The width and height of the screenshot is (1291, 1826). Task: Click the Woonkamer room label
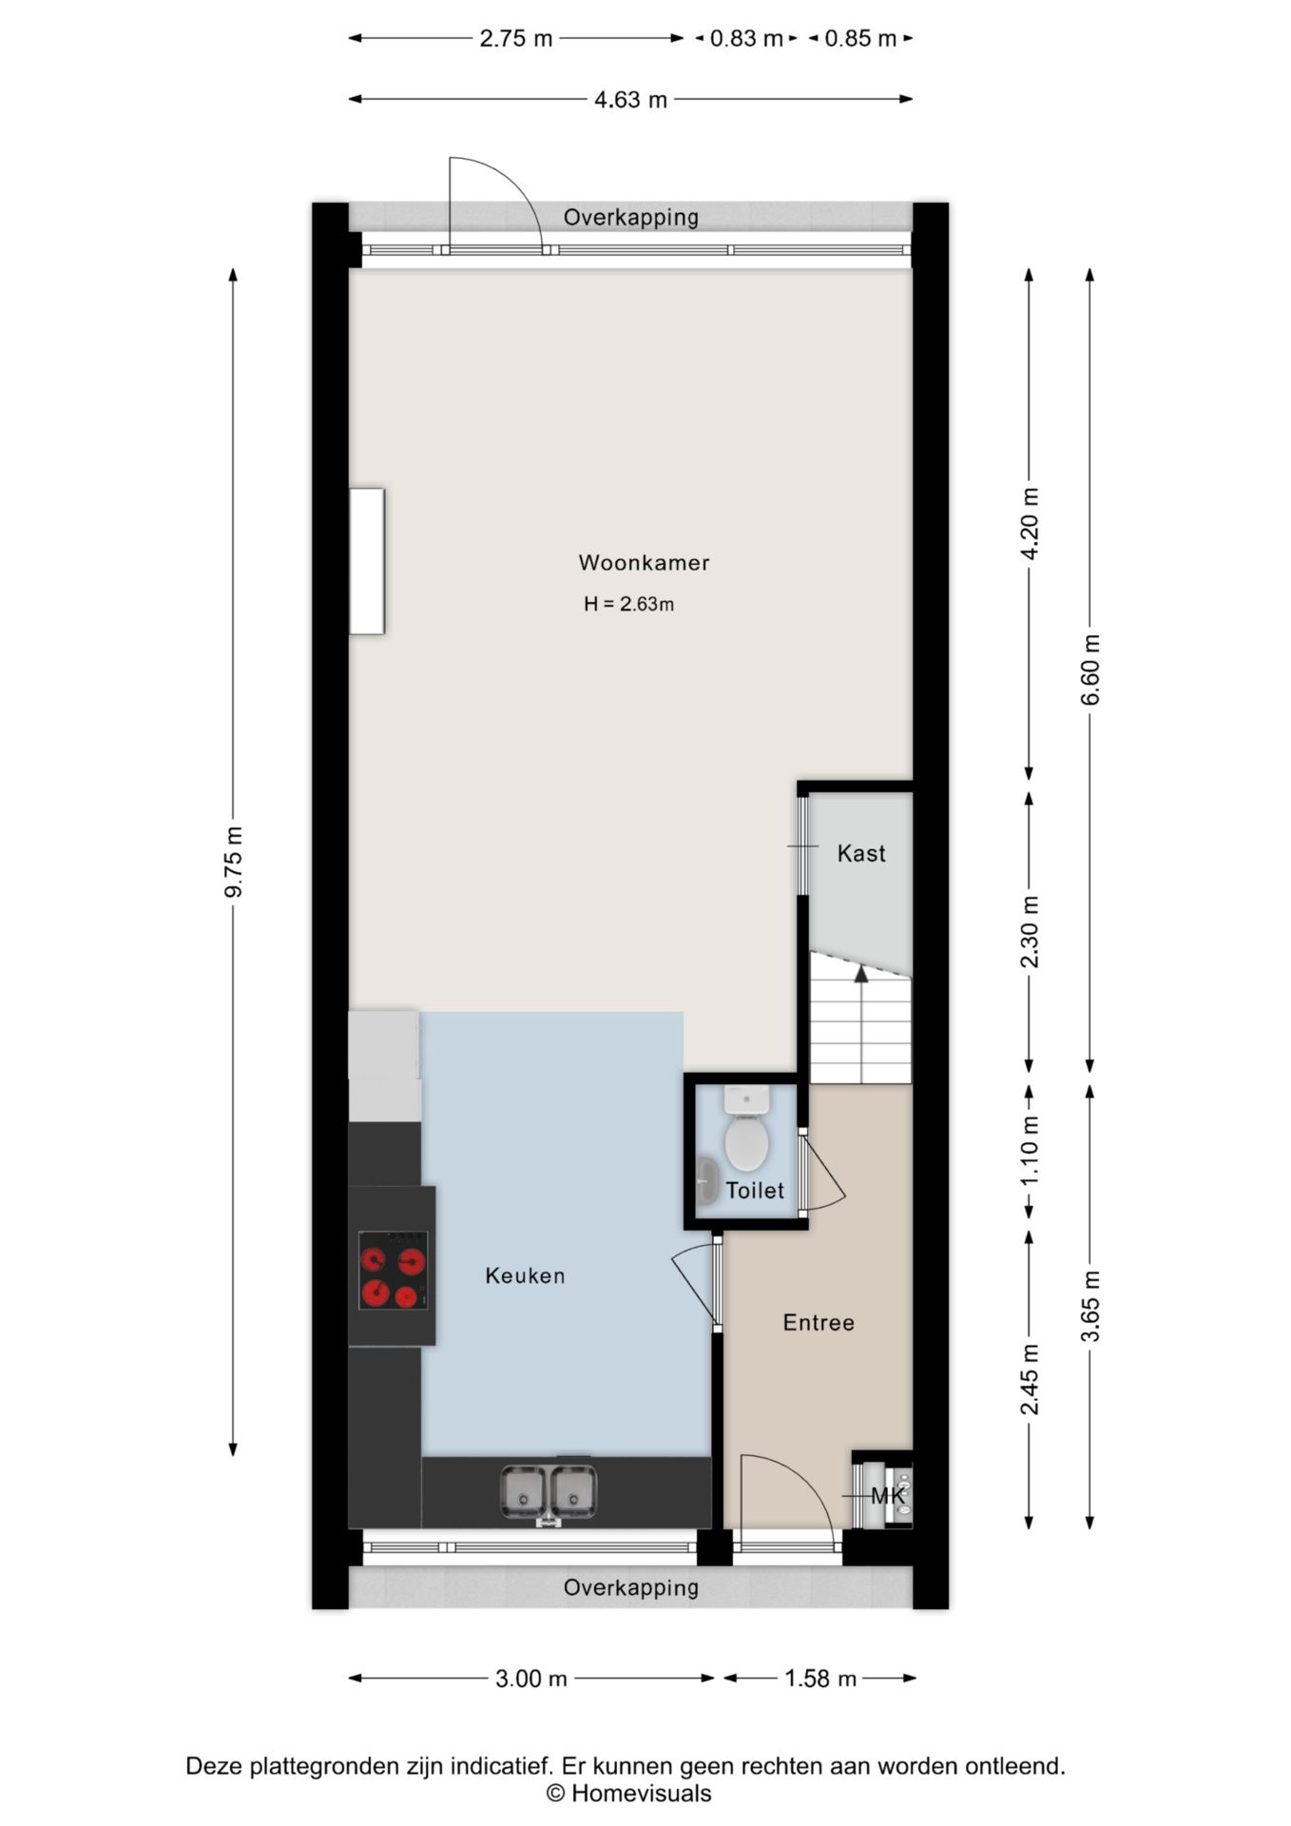[644, 562]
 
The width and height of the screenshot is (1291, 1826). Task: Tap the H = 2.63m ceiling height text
[628, 604]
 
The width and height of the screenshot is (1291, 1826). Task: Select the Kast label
[861, 853]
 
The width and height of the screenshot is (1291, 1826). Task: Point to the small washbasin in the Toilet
[707, 1181]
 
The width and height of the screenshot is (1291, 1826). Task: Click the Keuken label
[525, 1275]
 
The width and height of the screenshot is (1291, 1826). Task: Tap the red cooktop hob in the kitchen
[393, 1270]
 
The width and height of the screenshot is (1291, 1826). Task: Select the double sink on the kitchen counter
[549, 1490]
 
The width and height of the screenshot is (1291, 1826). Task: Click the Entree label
[819, 1322]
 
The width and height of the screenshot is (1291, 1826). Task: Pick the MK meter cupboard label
[888, 1496]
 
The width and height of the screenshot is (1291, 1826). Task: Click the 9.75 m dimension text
[234, 862]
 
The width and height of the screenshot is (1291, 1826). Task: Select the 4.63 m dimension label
[631, 99]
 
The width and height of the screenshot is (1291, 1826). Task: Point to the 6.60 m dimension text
[1090, 670]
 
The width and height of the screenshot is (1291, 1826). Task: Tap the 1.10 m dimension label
[1030, 1150]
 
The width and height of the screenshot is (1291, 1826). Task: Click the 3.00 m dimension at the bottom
[531, 1679]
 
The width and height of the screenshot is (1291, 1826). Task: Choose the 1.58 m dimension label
[820, 1679]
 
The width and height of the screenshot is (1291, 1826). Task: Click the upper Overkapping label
[631, 217]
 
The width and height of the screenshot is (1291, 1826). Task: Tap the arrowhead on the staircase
[861, 973]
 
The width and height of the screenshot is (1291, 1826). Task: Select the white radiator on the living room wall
[367, 561]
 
